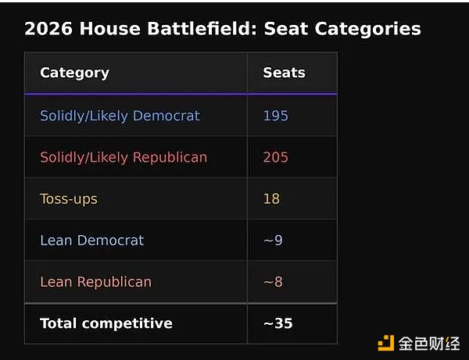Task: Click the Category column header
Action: pos(75,73)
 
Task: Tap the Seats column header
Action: pos(285,73)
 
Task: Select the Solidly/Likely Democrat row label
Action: pos(120,116)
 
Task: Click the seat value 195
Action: pos(275,116)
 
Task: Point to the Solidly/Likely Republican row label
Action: pos(124,158)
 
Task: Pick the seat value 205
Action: pos(275,157)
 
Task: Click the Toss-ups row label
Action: pos(69,199)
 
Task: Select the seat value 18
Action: pos(271,198)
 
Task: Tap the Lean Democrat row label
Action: pos(91,241)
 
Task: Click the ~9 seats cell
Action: pos(273,241)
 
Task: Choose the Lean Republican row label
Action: pos(95,282)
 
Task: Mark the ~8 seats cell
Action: pos(273,282)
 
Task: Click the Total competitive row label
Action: pos(106,323)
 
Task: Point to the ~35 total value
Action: pos(278,323)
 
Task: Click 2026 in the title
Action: pos(48,29)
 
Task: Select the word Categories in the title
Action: pos(367,29)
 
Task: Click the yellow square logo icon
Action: pos(386,343)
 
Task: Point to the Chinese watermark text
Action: pos(429,344)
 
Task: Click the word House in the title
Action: pos(109,29)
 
